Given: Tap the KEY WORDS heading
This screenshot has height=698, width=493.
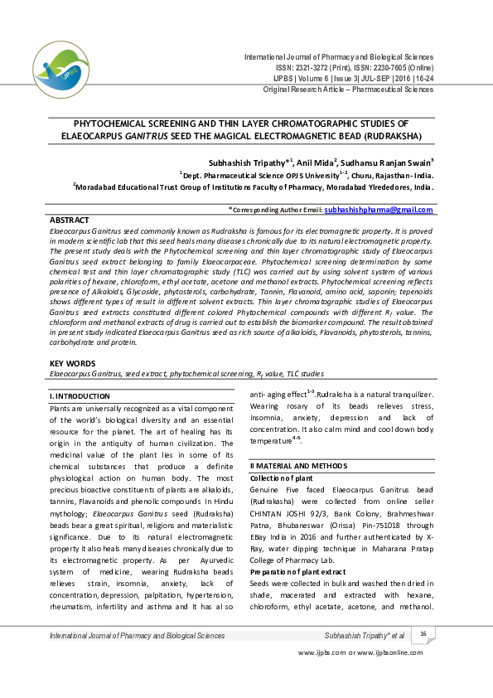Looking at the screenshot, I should click(72, 363).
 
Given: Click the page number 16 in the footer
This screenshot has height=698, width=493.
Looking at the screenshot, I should click(423, 634).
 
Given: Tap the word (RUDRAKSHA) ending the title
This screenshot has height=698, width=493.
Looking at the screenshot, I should click(387, 134).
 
